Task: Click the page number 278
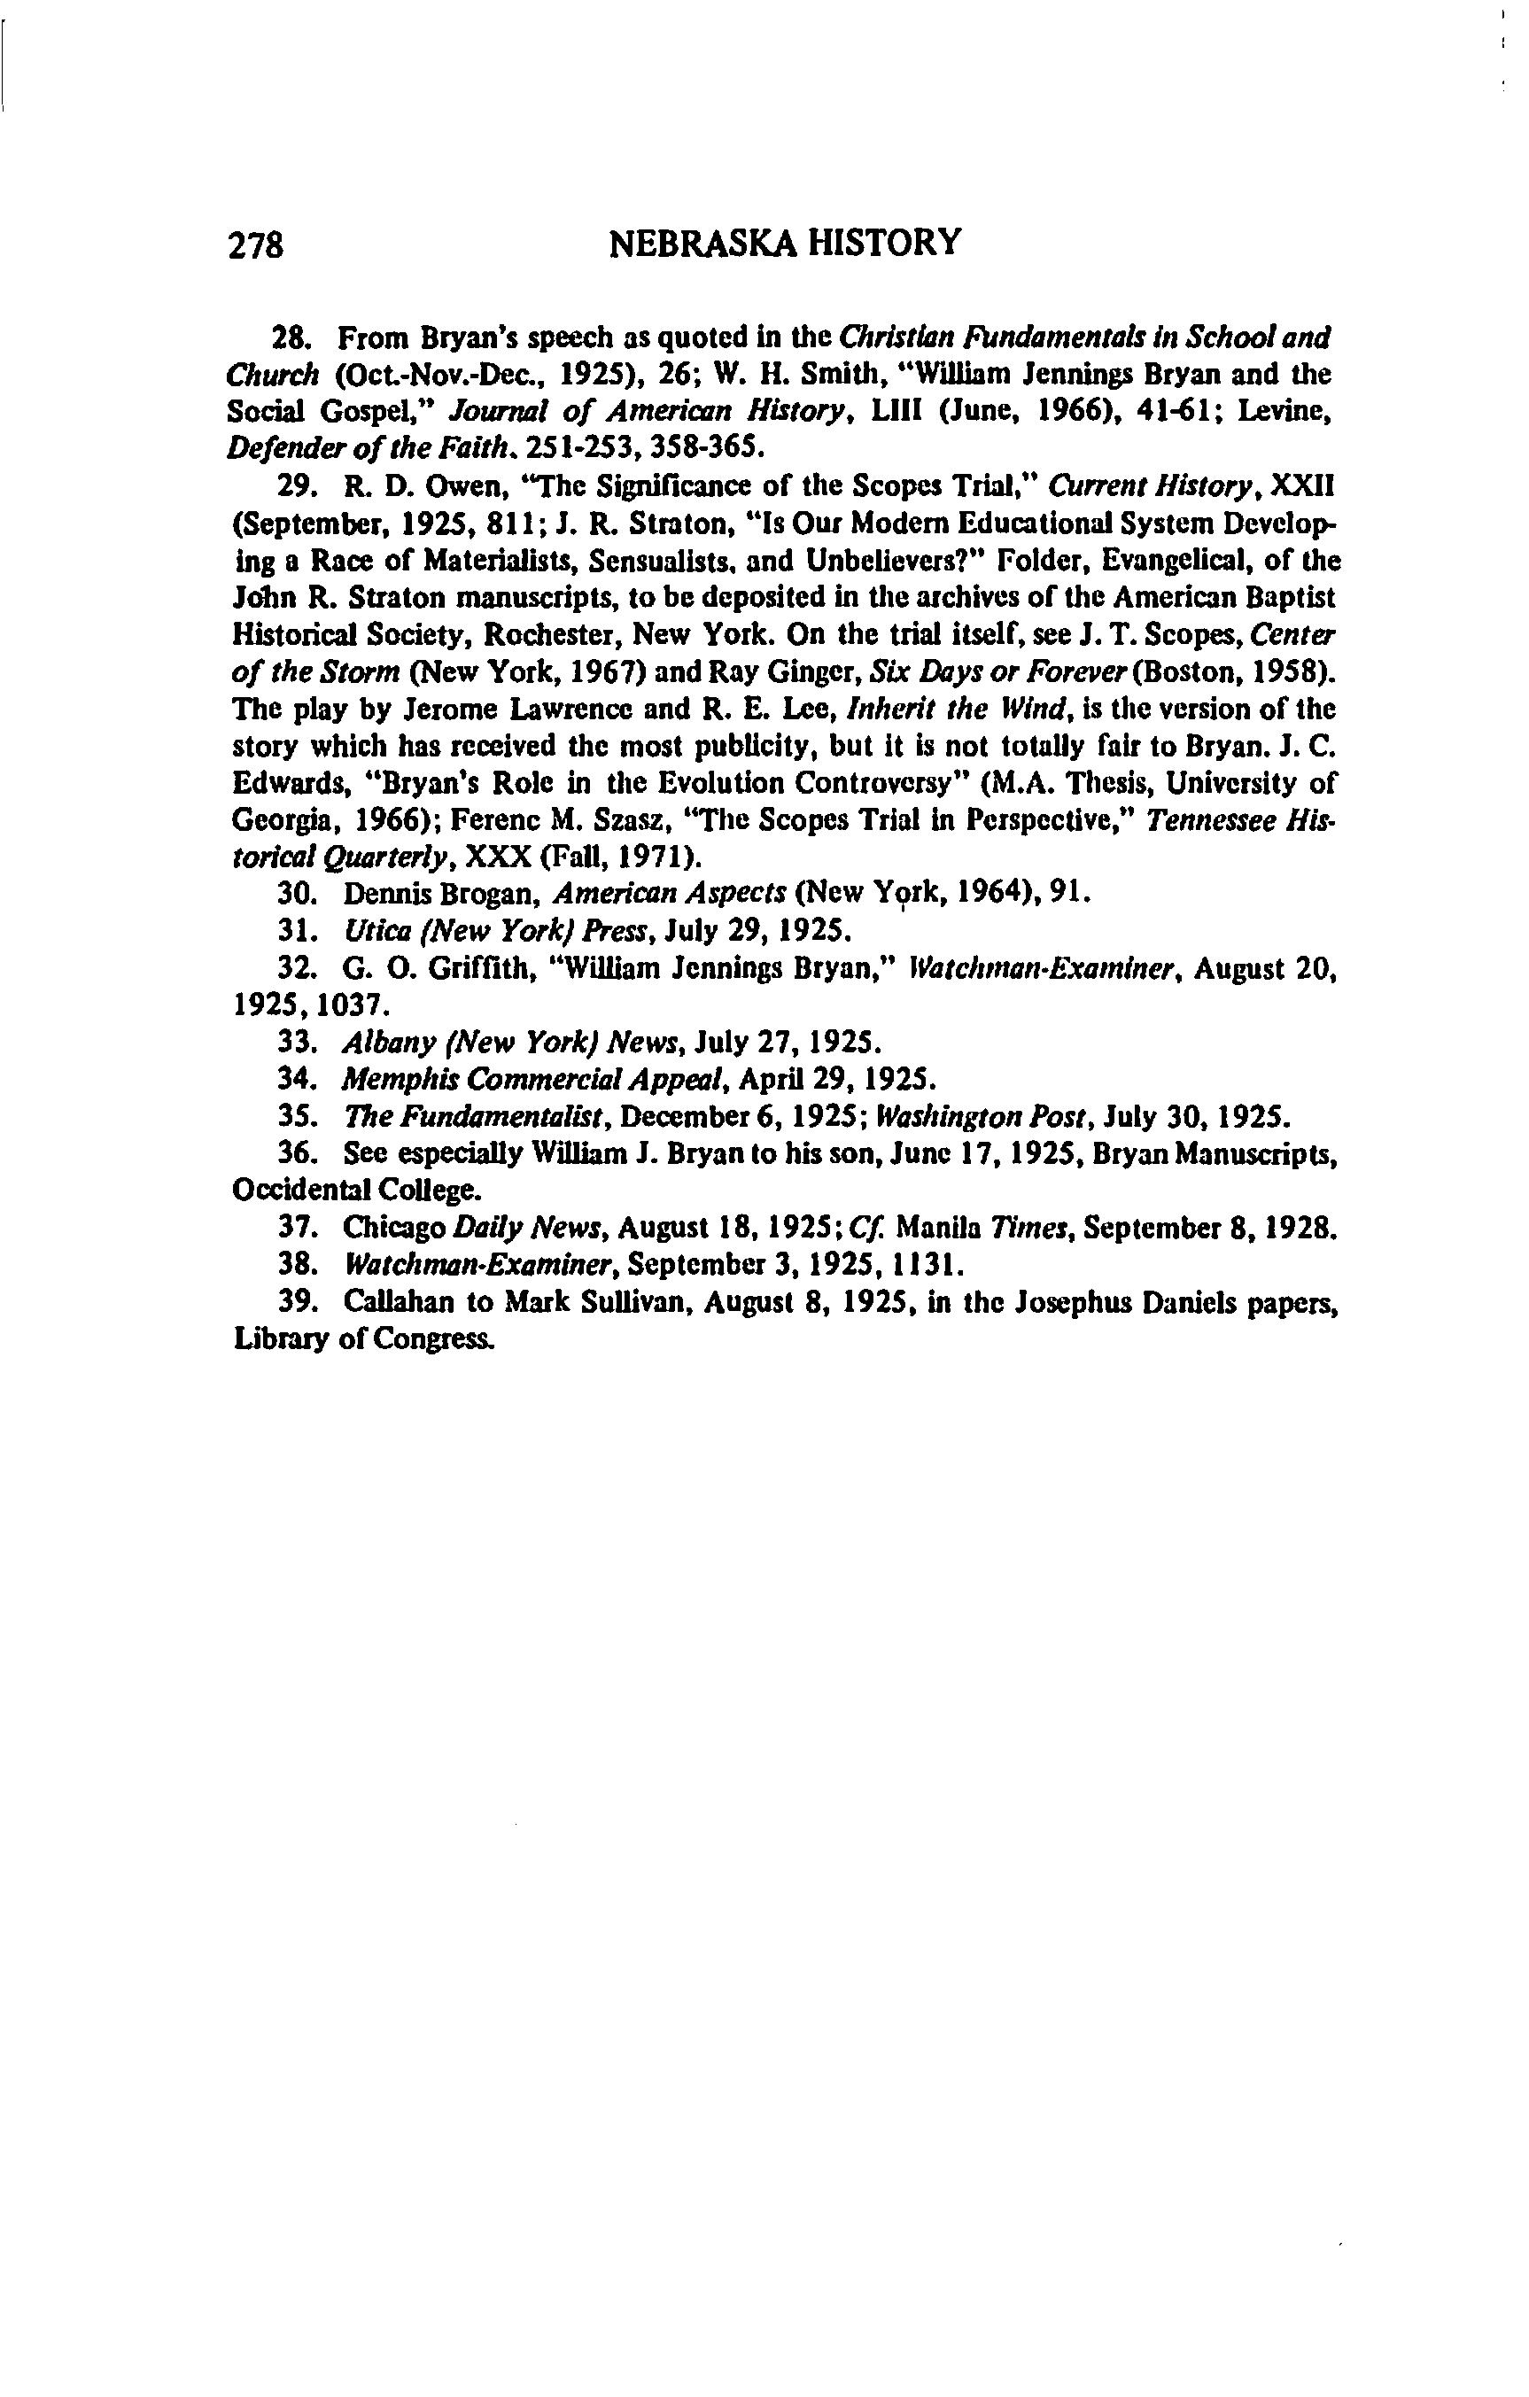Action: pyautogui.click(x=257, y=244)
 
